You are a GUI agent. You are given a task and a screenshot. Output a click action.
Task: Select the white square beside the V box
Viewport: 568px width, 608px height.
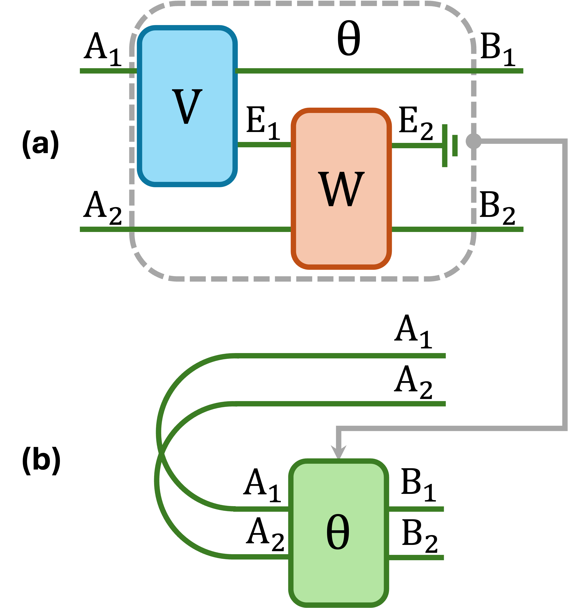pyautogui.click(x=260, y=34)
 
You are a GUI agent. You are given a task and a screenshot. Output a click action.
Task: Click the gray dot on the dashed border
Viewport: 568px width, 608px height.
pyautogui.click(x=473, y=141)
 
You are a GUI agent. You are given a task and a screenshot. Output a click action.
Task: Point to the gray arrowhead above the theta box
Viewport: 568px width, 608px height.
pyautogui.click(x=338, y=452)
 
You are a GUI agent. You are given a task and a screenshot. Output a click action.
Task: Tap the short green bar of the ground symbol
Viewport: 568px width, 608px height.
pyautogui.click(x=455, y=146)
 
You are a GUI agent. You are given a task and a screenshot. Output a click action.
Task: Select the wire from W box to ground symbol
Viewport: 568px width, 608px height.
pyautogui.click(x=416, y=146)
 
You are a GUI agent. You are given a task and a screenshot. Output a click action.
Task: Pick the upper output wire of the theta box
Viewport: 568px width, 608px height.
pyautogui.click(x=416, y=509)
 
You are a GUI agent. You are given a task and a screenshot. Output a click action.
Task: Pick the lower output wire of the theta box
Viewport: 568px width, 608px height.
pyautogui.click(x=416, y=557)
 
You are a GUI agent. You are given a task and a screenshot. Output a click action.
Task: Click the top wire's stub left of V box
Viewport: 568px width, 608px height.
pyautogui.click(x=107, y=71)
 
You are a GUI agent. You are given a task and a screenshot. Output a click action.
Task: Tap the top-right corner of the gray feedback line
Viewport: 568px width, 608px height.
pyautogui.click(x=565, y=141)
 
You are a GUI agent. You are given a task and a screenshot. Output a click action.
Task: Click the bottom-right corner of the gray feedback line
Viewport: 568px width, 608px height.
pyautogui.click(x=565, y=428)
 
